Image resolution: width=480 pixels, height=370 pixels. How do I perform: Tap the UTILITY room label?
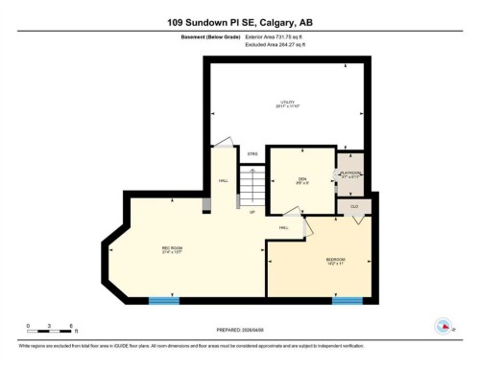point(287,104)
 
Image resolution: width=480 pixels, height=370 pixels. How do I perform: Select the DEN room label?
point(301,181)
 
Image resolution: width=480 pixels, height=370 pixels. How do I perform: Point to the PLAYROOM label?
point(350,174)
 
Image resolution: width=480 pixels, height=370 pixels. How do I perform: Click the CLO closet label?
point(354,206)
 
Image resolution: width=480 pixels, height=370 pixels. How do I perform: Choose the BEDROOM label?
point(336,261)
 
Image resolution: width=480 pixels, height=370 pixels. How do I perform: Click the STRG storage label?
point(252,153)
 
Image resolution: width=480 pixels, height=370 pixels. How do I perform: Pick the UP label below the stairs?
point(252,212)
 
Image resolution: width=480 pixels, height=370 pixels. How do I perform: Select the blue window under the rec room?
point(163,301)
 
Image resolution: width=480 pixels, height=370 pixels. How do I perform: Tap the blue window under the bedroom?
point(347,301)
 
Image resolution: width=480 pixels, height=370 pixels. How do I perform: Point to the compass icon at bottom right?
point(445,326)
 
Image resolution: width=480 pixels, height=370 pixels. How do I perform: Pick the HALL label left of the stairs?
point(223,181)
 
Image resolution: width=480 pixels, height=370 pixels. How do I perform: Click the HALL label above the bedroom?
point(284,227)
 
